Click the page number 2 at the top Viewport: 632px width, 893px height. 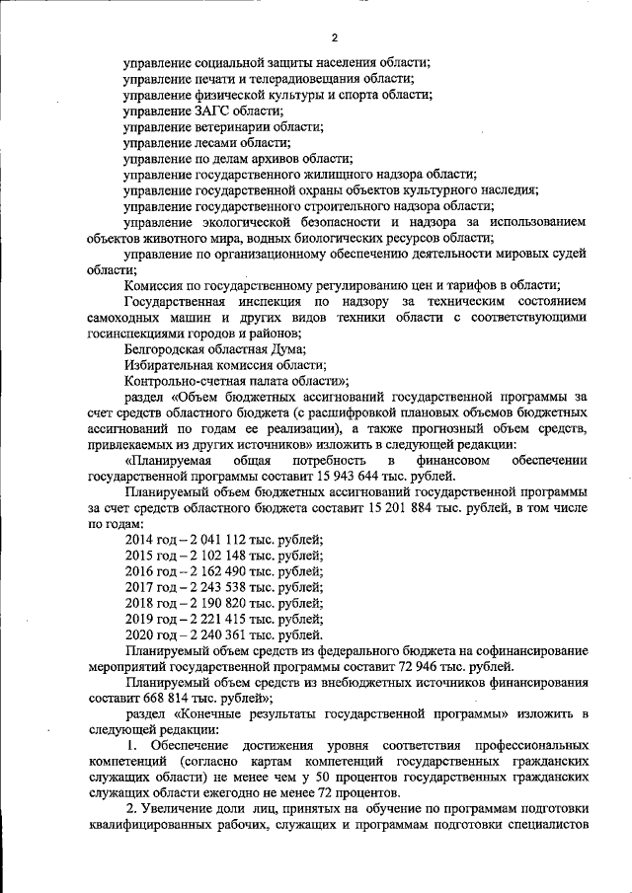(x=335, y=38)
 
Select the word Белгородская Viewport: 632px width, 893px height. (x=169, y=348)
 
